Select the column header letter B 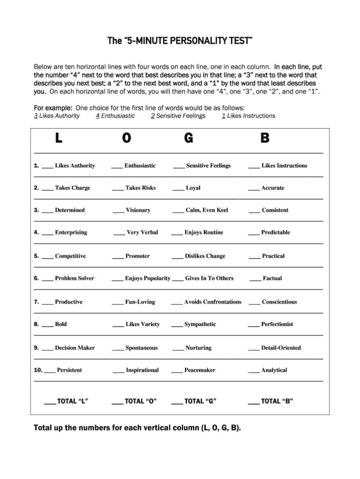(265, 138)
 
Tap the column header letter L (59, 138)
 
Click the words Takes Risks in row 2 (140, 188)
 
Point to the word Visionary (138, 210)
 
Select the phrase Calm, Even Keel (207, 210)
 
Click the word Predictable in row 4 (275, 232)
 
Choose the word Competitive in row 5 (70, 256)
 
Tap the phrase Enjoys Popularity (148, 278)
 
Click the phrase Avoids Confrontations (213, 302)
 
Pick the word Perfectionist (277, 324)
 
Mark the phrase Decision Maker (75, 348)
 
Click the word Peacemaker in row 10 (200, 370)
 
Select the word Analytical (274, 370)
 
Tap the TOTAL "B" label (277, 401)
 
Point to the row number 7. (36, 302)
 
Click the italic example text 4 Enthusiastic (115, 116)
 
